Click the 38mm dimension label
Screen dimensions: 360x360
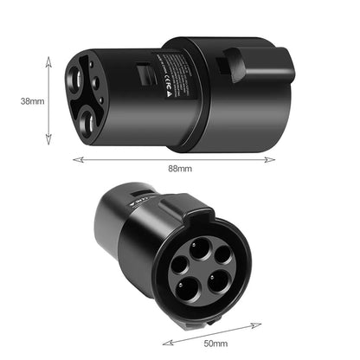[32, 100]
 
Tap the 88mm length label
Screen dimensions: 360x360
[179, 168]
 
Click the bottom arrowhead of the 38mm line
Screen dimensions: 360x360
[48, 145]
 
